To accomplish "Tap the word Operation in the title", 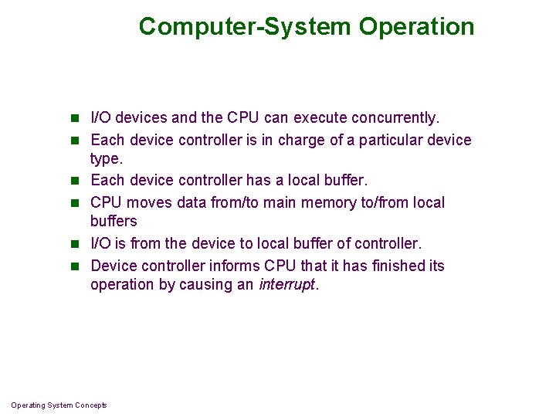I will [417, 27].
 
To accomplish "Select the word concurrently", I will [395, 118].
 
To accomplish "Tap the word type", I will [107, 159].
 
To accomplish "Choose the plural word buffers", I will [114, 222].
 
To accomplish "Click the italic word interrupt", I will [287, 284].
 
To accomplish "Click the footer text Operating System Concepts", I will [59, 405].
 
